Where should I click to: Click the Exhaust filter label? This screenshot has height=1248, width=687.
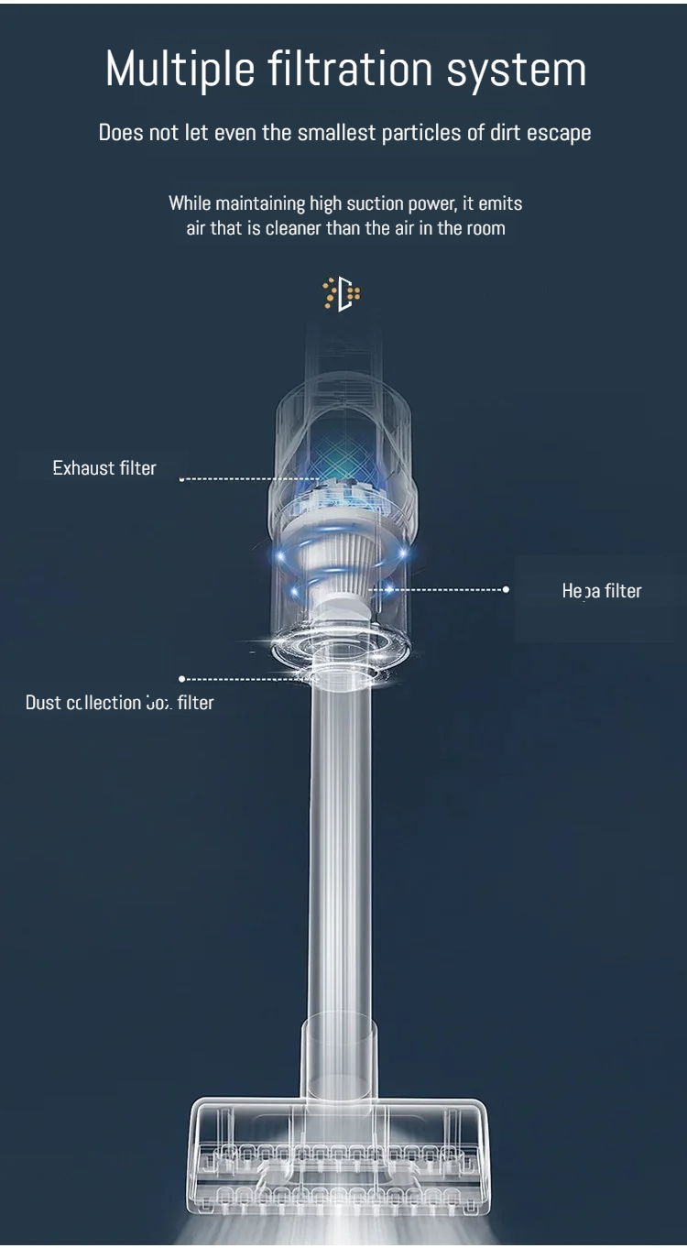coord(104,468)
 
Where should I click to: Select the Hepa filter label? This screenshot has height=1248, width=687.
coord(602,591)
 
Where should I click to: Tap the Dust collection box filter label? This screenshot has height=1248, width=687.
coord(119,703)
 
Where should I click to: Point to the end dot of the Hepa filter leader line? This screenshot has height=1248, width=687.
coord(506,589)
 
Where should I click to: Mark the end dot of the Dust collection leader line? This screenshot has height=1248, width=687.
coord(181,679)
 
